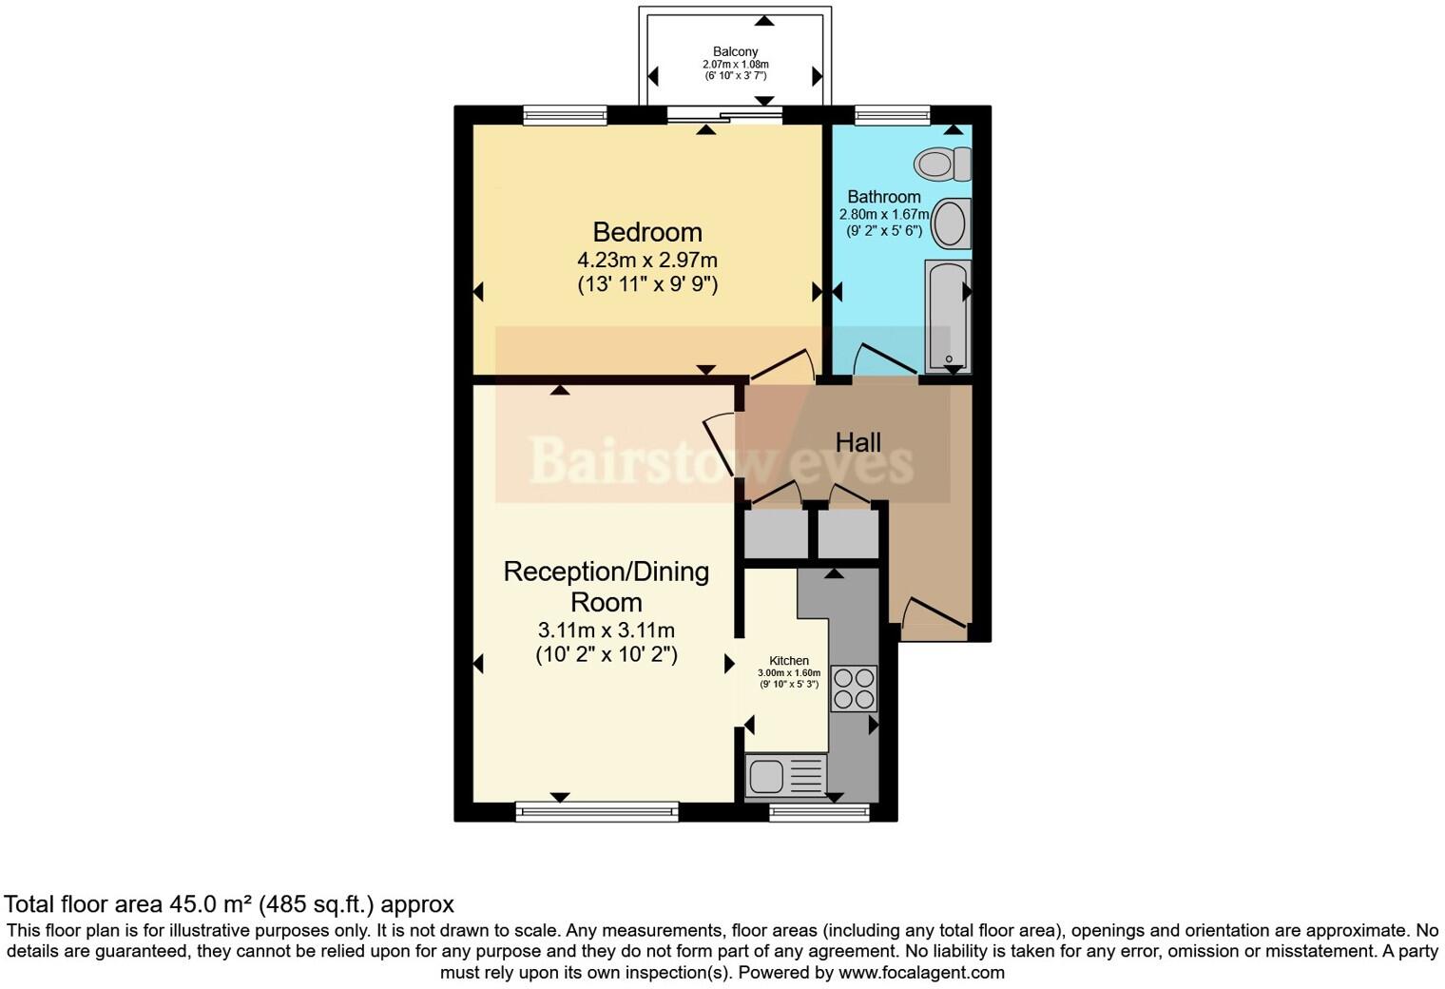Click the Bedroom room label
[x=647, y=232]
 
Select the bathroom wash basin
[x=951, y=224]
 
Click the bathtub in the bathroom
[x=948, y=317]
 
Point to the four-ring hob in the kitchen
[x=854, y=688]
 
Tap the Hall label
[x=857, y=442]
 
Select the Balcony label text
[x=736, y=51]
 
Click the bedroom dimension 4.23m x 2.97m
[x=647, y=260]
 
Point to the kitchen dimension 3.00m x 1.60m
[x=789, y=673]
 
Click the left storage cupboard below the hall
[x=776, y=534]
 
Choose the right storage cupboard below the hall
[x=848, y=534]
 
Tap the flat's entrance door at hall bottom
[x=934, y=616]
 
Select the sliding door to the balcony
[x=724, y=116]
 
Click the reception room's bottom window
[x=597, y=811]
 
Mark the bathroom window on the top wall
[x=892, y=116]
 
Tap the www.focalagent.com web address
[x=920, y=973]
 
